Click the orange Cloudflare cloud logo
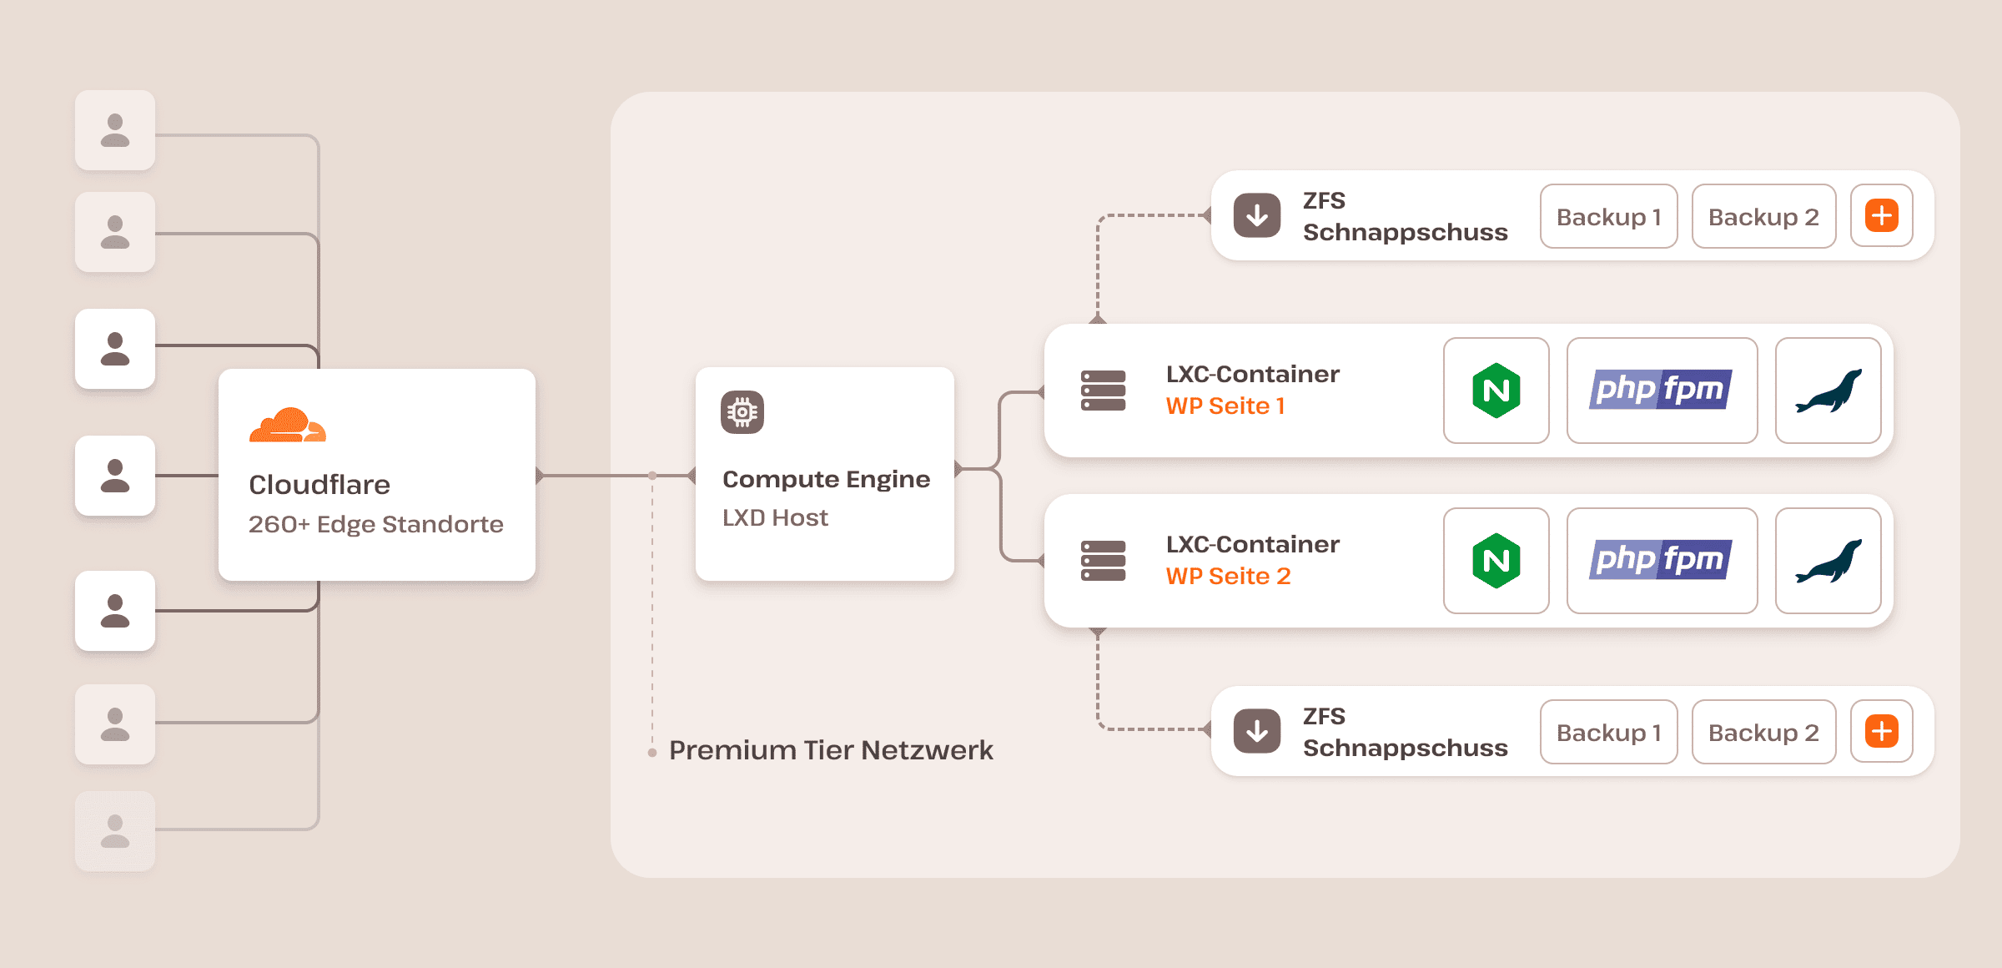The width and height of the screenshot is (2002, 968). (287, 426)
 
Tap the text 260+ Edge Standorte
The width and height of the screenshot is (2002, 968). (375, 524)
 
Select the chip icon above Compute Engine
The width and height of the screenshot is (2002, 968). (742, 412)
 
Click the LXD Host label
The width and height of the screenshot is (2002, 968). (774, 517)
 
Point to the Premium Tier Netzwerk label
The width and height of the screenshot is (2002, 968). (830, 750)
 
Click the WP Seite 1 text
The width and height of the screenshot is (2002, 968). (1225, 406)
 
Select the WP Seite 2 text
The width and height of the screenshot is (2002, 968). (1228, 577)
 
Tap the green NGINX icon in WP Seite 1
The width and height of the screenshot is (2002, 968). (1496, 391)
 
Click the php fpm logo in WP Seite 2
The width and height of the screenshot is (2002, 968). (1661, 561)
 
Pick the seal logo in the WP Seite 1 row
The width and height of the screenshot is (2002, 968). (1828, 391)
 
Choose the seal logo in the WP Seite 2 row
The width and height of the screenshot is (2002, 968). (1828, 561)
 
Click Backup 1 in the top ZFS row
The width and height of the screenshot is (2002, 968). (1608, 217)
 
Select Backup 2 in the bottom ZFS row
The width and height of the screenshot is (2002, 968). (1763, 733)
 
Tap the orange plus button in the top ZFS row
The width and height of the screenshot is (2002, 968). (1881, 216)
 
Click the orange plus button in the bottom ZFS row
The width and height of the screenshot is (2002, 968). (1881, 732)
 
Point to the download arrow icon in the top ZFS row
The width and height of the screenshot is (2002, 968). (1257, 216)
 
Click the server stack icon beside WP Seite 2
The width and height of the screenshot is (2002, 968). (1103, 561)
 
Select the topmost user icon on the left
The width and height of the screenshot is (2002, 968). (115, 131)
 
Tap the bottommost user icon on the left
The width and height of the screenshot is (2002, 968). (115, 831)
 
